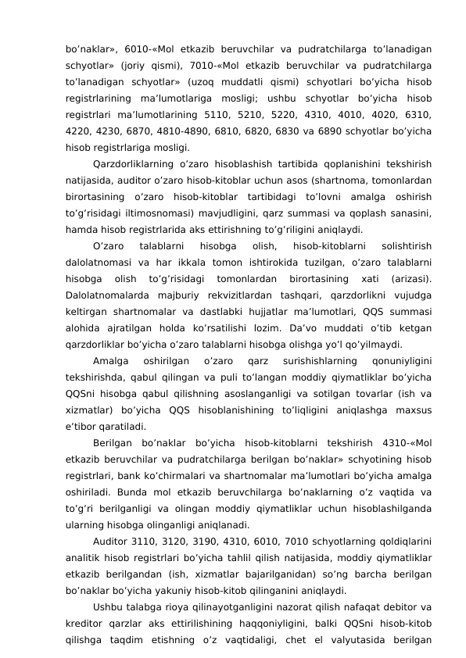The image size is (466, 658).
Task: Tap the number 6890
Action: (333, 132)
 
